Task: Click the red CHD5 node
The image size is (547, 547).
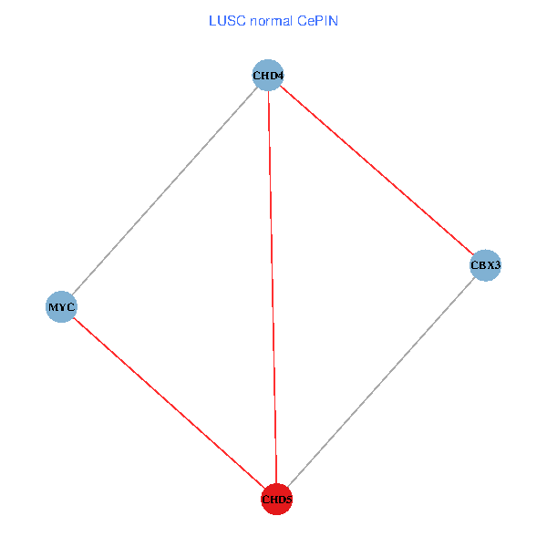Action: [x=276, y=499]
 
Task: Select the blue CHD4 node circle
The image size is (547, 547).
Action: [x=267, y=75]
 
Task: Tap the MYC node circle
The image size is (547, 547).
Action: [x=61, y=306]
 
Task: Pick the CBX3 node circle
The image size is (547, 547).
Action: [x=485, y=266]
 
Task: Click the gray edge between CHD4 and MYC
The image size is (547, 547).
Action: [x=164, y=191]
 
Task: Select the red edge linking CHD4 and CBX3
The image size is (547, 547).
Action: [x=377, y=170]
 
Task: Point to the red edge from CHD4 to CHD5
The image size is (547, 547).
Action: [x=272, y=287]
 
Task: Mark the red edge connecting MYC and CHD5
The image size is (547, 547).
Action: [x=169, y=403]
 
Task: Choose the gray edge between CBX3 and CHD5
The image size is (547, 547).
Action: [x=381, y=382]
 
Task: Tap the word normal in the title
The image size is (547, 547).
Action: [x=270, y=21]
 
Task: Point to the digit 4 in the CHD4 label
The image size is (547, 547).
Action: [x=277, y=76]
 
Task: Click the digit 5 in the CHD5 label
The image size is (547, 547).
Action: [x=288, y=500]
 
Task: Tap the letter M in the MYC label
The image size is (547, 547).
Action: [x=53, y=307]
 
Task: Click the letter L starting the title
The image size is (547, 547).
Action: [x=212, y=21]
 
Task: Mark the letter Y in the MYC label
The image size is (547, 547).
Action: [x=61, y=307]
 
